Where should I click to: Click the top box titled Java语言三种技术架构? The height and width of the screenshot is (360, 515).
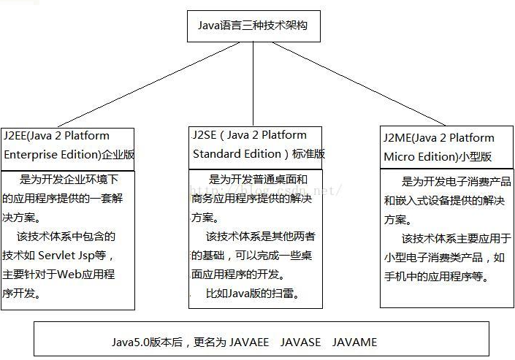click(x=253, y=26)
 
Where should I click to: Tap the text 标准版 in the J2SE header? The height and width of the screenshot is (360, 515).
click(x=308, y=154)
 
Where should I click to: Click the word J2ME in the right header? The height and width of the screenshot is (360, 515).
click(x=397, y=138)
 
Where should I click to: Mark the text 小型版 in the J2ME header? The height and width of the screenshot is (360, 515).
click(x=476, y=157)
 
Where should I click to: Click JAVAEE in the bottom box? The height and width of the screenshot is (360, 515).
click(x=249, y=341)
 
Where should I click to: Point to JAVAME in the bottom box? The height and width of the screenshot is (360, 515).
click(x=354, y=341)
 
